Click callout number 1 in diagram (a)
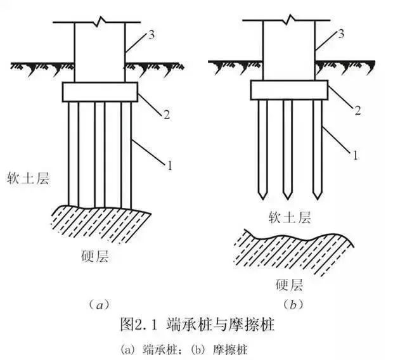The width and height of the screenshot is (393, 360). pyautogui.click(x=170, y=166)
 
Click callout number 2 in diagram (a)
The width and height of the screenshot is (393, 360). pyautogui.click(x=166, y=115)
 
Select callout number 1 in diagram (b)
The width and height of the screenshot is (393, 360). pyautogui.click(x=357, y=154)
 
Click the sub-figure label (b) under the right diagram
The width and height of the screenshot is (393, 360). pyautogui.click(x=293, y=305)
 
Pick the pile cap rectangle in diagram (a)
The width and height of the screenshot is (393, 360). pyautogui.click(x=100, y=92)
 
